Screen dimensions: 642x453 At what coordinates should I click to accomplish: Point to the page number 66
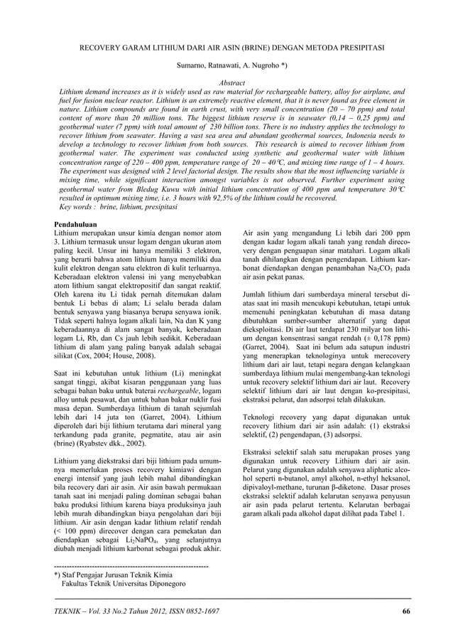406,611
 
